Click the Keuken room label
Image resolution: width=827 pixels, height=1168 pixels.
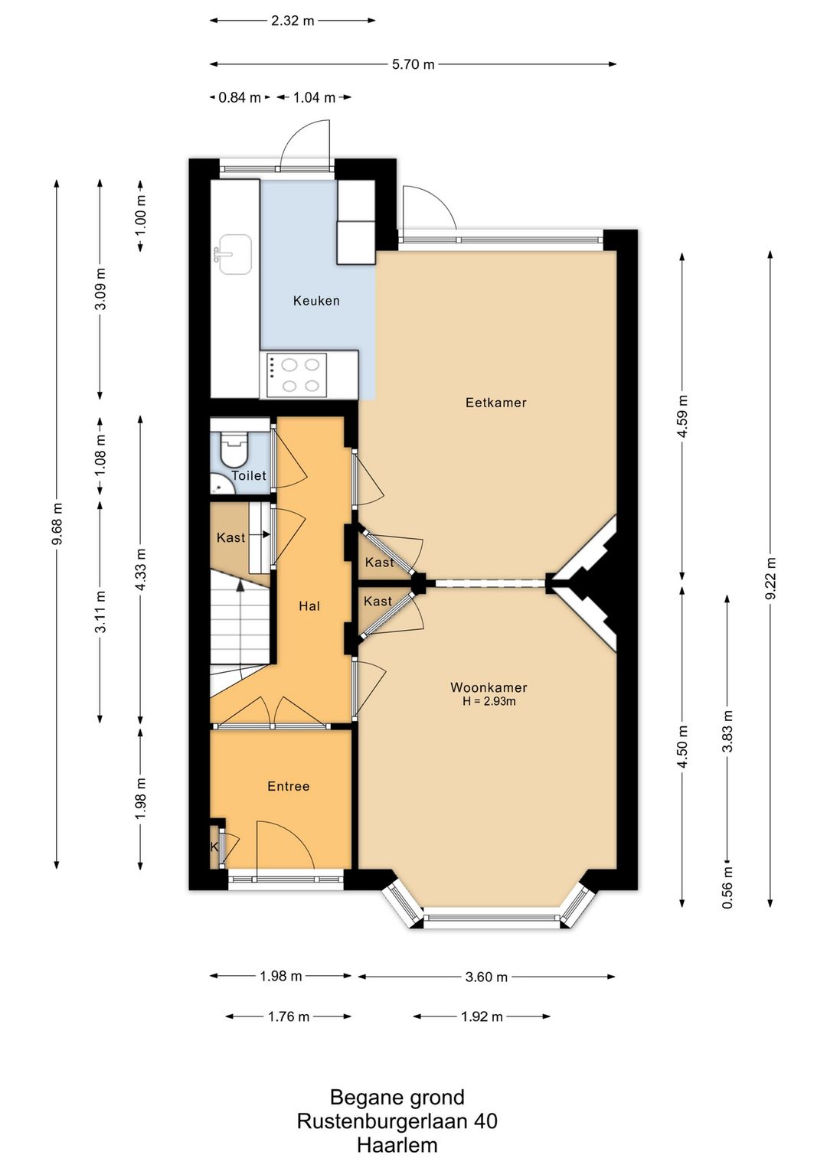click(x=316, y=301)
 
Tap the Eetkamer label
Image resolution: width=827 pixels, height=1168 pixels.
click(x=495, y=403)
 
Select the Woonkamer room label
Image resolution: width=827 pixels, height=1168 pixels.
click(x=489, y=687)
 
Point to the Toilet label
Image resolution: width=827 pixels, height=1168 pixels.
click(x=249, y=475)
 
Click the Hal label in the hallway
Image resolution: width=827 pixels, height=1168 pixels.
click(x=309, y=606)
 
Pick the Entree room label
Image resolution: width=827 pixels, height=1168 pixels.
click(x=289, y=786)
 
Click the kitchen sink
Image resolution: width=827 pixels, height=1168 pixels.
click(x=234, y=254)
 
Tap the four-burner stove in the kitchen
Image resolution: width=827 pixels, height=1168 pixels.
click(x=297, y=372)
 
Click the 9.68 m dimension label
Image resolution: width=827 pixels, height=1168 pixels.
click(x=57, y=523)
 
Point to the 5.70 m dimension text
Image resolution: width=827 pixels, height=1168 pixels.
click(x=413, y=64)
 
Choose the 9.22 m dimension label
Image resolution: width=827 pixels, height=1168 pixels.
click(x=770, y=579)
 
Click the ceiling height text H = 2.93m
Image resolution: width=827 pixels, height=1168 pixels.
click(x=489, y=701)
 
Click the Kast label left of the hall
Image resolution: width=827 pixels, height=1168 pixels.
click(x=230, y=537)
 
